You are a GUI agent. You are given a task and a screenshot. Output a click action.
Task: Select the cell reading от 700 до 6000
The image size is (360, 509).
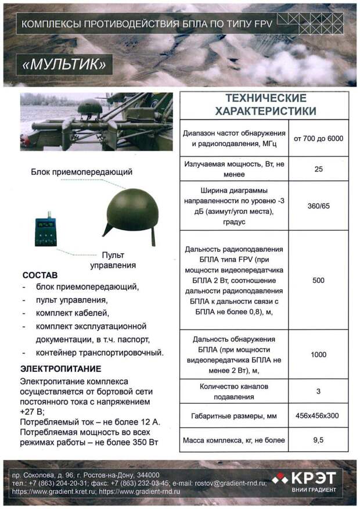click(x=318, y=138)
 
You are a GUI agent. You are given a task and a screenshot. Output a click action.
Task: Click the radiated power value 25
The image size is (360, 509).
click(x=318, y=169)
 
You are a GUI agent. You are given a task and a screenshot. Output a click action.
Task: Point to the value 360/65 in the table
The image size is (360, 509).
click(x=318, y=205)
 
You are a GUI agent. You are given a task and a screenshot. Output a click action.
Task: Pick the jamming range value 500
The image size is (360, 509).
click(x=318, y=281)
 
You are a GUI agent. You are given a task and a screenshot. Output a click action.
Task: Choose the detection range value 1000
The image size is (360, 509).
click(x=318, y=354)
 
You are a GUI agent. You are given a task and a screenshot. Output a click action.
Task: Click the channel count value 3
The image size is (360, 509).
click(x=318, y=392)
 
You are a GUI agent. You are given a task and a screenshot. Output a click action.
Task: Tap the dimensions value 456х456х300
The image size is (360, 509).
click(x=318, y=416)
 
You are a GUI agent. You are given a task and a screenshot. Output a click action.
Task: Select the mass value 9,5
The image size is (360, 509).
click(x=318, y=440)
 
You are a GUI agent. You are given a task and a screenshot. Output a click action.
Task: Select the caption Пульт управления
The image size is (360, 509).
click(x=113, y=260)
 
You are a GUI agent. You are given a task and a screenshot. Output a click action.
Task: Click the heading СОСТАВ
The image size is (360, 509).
click(x=39, y=275)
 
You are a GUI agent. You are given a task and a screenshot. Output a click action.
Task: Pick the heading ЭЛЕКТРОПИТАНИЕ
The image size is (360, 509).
click(x=60, y=368)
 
